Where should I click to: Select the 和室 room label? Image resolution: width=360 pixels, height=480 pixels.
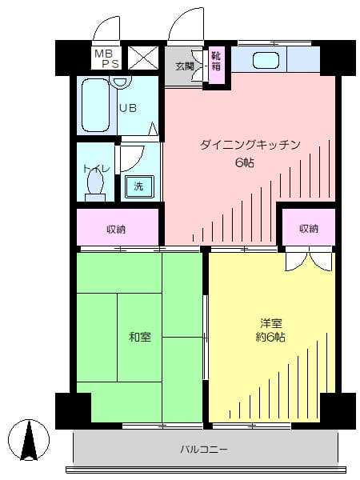(139, 337)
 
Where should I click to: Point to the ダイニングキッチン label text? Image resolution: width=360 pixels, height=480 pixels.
(250, 145)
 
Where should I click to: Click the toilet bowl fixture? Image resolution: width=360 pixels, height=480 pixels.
(95, 184)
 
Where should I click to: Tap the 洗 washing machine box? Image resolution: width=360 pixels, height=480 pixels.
(138, 186)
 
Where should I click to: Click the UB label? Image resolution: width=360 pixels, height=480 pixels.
(128, 107)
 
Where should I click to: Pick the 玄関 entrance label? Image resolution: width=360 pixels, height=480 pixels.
(185, 66)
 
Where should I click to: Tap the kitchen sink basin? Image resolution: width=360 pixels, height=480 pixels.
(265, 59)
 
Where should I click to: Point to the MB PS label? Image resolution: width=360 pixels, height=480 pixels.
(106, 58)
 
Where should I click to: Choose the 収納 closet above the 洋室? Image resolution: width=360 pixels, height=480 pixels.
(309, 229)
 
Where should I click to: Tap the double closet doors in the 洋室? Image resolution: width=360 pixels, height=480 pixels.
(308, 260)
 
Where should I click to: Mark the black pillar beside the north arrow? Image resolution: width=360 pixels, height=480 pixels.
(73, 410)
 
